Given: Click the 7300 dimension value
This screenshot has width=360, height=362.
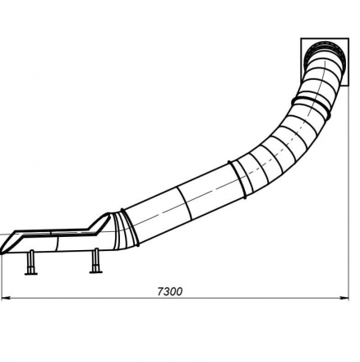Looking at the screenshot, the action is pyautogui.click(x=170, y=291).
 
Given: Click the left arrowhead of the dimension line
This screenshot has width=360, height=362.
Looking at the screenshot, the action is pyautogui.click(x=6, y=298).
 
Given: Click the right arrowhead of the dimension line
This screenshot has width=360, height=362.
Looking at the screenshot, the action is pyautogui.click(x=344, y=298).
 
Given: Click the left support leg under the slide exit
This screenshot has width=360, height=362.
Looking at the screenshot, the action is pyautogui.click(x=31, y=262).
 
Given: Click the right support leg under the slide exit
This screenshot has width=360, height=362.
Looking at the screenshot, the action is pyautogui.click(x=96, y=260).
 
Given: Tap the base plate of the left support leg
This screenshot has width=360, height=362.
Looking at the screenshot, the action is pyautogui.click(x=31, y=273).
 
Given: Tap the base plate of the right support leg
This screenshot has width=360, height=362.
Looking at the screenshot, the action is pyautogui.click(x=96, y=272).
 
